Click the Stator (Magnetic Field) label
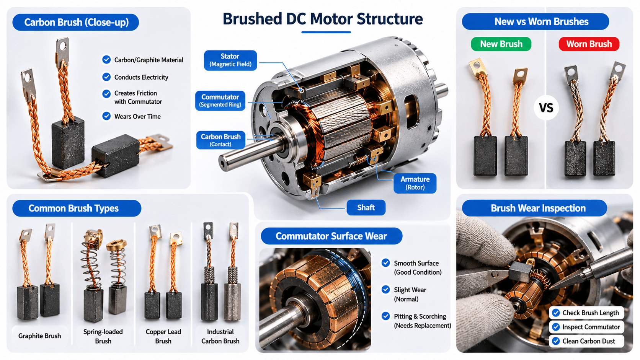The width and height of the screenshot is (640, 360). click(x=230, y=60)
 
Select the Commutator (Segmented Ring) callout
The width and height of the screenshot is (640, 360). click(x=220, y=101)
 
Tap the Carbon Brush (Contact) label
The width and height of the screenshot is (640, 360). click(x=220, y=140)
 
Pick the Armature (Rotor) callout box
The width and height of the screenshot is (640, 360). click(x=415, y=183)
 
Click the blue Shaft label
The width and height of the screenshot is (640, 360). click(x=366, y=208)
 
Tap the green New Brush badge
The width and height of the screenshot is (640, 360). click(x=501, y=44)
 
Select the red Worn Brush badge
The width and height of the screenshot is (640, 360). click(x=589, y=44)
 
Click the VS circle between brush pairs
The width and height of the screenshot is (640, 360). click(x=546, y=108)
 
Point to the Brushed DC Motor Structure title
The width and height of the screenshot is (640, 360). click(x=323, y=19)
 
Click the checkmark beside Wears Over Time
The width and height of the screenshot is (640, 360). click(x=106, y=116)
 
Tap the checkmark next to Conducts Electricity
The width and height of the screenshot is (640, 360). click(x=106, y=77)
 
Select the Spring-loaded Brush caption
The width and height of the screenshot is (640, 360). click(x=103, y=336)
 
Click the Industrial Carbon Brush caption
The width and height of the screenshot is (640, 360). click(x=220, y=336)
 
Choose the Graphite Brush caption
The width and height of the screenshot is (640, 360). click(x=39, y=336)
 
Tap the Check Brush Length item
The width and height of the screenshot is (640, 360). click(x=587, y=313)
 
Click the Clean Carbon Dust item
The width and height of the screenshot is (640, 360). click(x=587, y=341)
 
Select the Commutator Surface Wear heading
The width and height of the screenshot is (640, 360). click(x=331, y=236)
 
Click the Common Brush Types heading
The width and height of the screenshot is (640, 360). click(x=74, y=209)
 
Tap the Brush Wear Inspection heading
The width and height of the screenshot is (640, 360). click(x=538, y=208)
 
